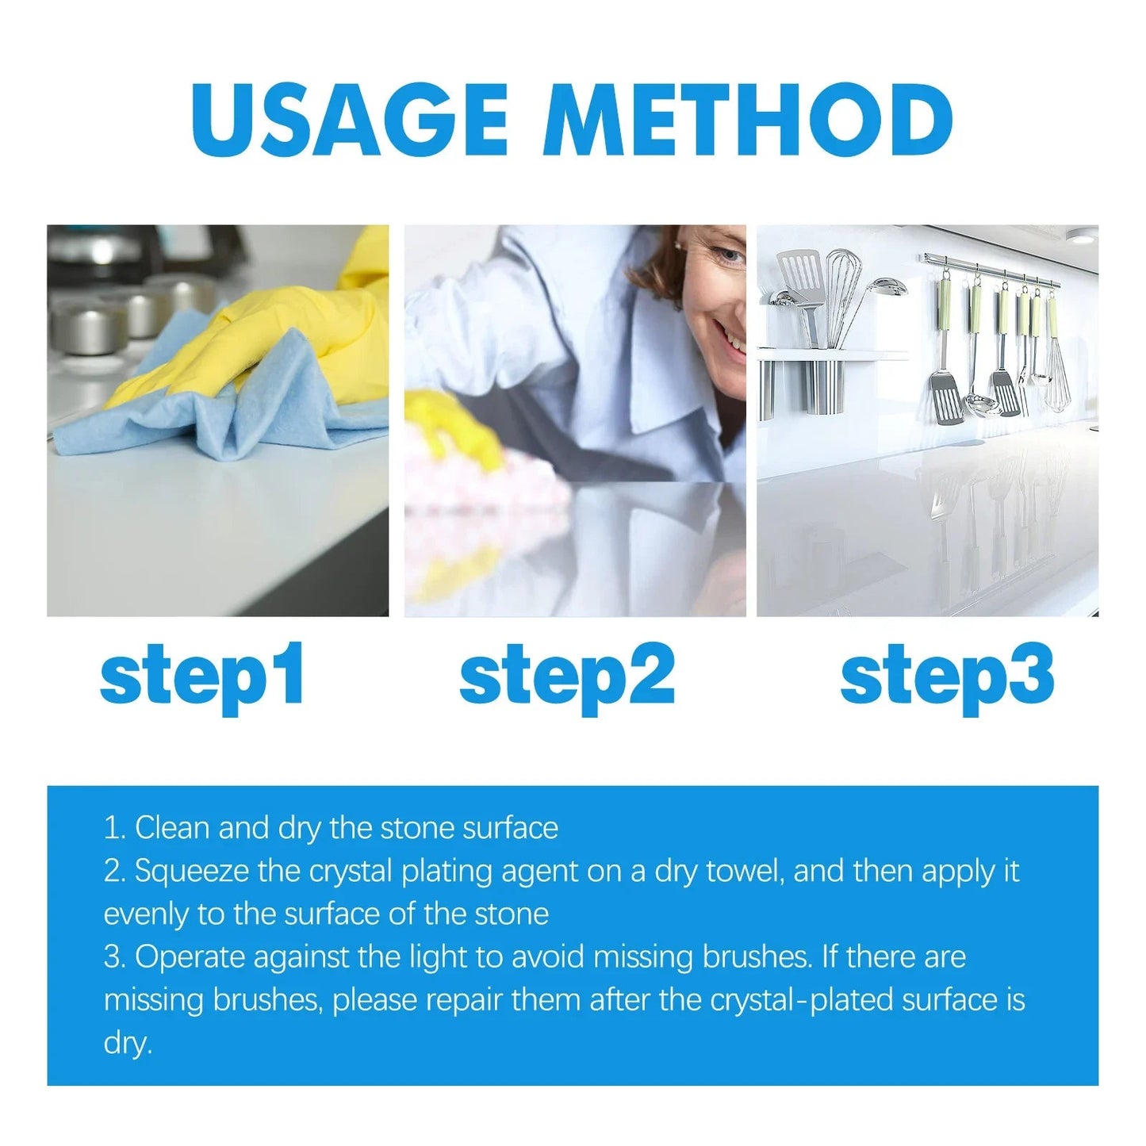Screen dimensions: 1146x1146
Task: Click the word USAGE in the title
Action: [x=349, y=121]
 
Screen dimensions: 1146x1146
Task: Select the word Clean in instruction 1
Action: [x=172, y=828]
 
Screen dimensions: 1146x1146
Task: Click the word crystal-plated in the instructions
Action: [x=801, y=1000]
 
